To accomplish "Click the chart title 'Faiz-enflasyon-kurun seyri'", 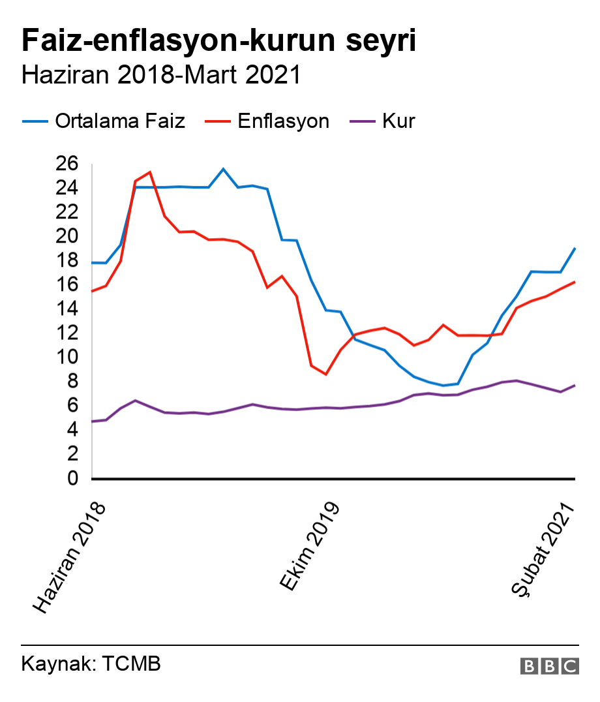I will point(218,40).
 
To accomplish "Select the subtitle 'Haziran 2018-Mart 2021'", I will point(161,75).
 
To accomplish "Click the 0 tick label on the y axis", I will point(72,479).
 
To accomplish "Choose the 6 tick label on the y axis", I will point(72,406).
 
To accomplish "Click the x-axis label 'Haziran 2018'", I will point(68,558).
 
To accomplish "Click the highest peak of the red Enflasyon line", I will point(150,172).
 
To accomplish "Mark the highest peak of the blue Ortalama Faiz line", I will point(223,169).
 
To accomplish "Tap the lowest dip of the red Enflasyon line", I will point(325,374).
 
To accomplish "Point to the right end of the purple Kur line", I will point(575,385).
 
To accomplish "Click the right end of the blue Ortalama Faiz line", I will point(575,248).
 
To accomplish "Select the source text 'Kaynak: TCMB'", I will point(91,665).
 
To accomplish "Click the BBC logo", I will point(549,665).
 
